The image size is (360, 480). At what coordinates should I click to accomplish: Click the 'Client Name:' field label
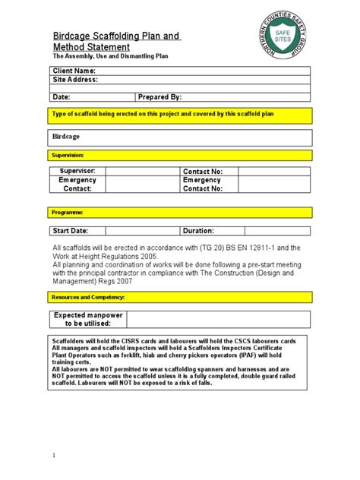click(x=73, y=71)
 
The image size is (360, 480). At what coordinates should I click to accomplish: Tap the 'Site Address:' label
click(x=74, y=79)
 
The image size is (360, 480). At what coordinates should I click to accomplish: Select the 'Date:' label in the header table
click(x=61, y=97)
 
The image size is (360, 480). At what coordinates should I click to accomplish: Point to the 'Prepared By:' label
click(x=160, y=97)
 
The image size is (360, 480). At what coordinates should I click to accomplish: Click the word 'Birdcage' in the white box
click(x=66, y=137)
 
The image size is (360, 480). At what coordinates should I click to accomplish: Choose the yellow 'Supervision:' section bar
click(x=180, y=155)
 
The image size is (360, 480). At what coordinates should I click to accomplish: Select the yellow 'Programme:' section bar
click(x=180, y=213)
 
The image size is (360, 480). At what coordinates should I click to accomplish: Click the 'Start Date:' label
click(x=70, y=230)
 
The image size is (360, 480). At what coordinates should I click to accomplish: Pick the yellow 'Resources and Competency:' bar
click(x=180, y=297)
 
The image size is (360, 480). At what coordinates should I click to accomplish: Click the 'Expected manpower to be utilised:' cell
click(x=77, y=320)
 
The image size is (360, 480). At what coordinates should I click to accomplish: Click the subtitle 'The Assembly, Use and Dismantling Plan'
click(x=110, y=56)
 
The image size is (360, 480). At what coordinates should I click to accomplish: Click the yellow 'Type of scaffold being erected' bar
click(x=180, y=114)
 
